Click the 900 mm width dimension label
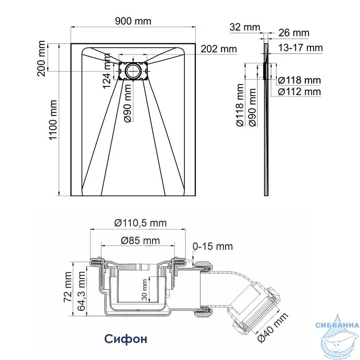coord(133,21)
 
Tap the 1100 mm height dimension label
coord(53,120)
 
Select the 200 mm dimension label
coord(41,58)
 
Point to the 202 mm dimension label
coord(219,49)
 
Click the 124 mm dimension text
coord(107,71)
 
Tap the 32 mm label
coord(245,27)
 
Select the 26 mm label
coord(294,33)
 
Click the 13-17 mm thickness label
coord(300,48)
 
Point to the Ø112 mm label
coord(299,92)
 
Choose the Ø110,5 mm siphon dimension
coord(140,223)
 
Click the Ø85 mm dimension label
coord(140,241)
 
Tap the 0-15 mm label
coord(212,246)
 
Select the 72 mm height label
coord(68,287)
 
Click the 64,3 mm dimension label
coord(81,291)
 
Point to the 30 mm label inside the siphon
coord(144,290)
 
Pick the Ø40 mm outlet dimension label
coord(273,328)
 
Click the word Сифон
coord(126,339)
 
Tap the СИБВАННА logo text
coord(337,325)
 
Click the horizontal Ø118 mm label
coord(299,81)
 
